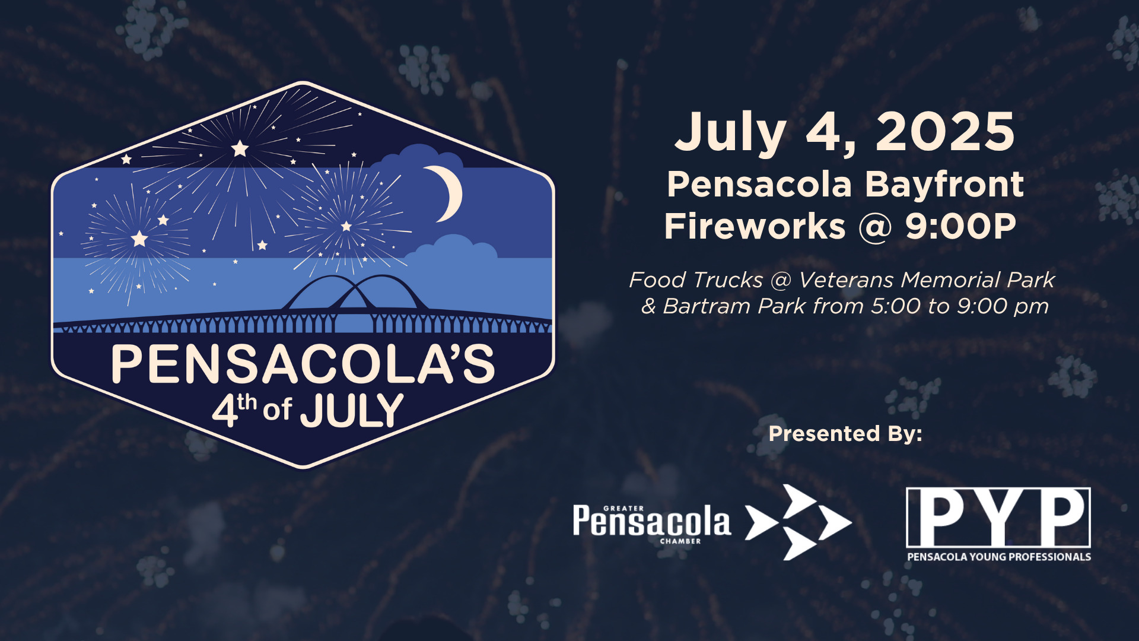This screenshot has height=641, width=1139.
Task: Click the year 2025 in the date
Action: [945, 132]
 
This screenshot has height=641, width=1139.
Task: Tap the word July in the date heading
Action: [731, 134]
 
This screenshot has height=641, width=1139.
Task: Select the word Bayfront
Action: [944, 185]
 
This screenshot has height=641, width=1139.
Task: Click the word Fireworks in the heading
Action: [755, 226]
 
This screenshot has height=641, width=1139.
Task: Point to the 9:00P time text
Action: [960, 226]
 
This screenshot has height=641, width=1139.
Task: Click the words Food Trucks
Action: [696, 280]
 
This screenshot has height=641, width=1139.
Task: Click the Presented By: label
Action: [845, 433]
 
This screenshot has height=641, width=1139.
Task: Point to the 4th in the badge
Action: [234, 410]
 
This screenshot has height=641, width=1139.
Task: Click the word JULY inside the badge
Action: [351, 410]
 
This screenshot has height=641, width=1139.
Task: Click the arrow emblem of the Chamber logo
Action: [798, 522]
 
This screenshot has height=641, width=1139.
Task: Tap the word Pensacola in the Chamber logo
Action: [651, 521]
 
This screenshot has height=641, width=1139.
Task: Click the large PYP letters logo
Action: [998, 518]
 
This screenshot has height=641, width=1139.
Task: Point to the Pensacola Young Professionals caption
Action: [999, 557]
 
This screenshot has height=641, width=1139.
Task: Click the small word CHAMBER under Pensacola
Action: [680, 541]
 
